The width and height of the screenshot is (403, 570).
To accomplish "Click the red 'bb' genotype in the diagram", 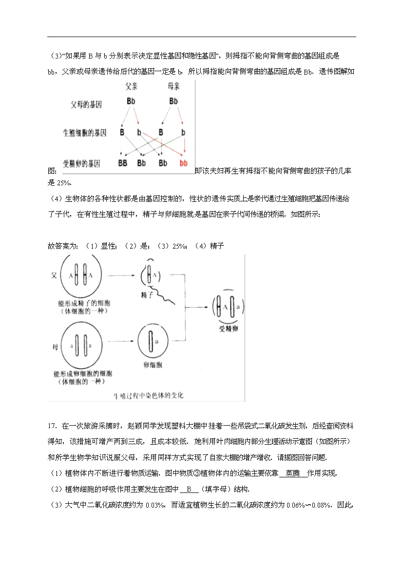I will [x=183, y=163].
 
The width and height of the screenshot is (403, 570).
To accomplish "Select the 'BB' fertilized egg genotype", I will [x=122, y=163].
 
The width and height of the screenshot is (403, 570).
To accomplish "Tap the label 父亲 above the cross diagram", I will [x=132, y=86].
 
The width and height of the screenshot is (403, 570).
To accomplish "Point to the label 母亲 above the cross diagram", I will [x=173, y=86].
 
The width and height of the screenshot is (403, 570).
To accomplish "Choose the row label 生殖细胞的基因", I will [x=84, y=133].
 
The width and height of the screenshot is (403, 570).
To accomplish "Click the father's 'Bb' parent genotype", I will [x=131, y=101].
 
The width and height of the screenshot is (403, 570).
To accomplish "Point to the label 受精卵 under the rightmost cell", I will [x=228, y=330].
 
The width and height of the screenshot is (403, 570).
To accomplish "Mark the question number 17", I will [x=53, y=426].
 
